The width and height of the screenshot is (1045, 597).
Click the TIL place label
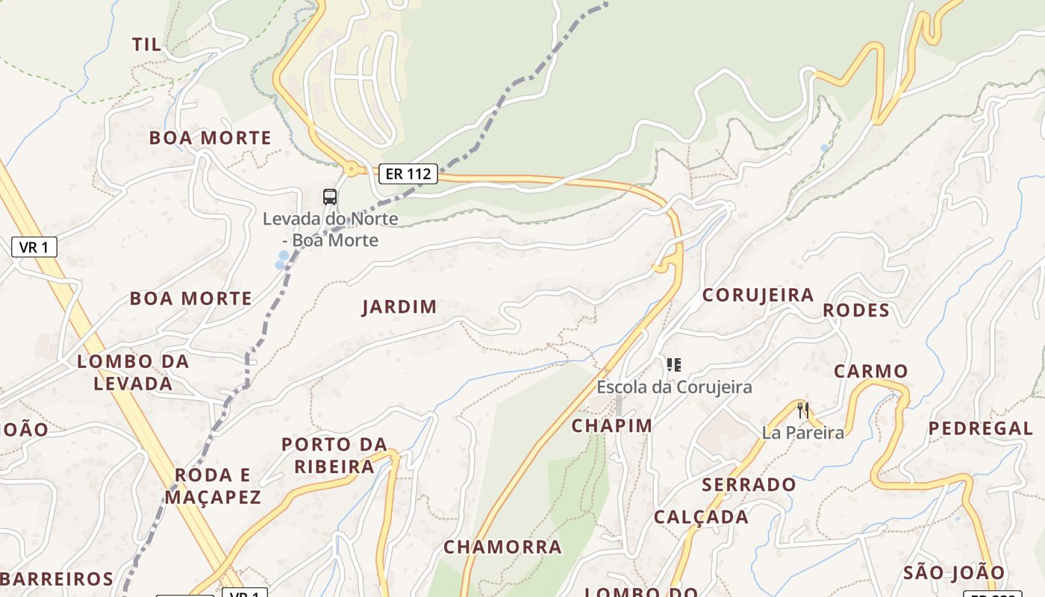click(146, 45)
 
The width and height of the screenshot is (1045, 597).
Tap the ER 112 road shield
click(408, 175)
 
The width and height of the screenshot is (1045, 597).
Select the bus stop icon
click(330, 197)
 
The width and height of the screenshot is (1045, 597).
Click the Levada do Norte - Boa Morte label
click(330, 230)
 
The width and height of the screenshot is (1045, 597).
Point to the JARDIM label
click(399, 307)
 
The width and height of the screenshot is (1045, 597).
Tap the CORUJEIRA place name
click(758, 295)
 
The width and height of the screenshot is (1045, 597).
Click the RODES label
click(856, 310)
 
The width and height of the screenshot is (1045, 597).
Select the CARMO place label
click(870, 371)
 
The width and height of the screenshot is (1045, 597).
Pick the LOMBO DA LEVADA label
click(134, 372)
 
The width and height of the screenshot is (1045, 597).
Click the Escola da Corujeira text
click(674, 387)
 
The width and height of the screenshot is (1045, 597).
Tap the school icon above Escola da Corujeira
click(674, 365)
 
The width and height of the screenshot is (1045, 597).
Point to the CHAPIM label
click(612, 425)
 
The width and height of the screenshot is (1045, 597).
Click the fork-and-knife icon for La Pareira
click(803, 410)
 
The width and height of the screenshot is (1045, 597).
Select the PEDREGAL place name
click(981, 428)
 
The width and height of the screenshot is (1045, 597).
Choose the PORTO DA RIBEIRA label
click(334, 455)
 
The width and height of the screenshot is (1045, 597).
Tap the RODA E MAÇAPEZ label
click(213, 486)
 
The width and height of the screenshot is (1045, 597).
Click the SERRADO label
click(749, 485)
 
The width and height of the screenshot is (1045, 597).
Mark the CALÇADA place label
click(701, 517)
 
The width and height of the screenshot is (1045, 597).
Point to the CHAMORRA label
click(502, 547)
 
